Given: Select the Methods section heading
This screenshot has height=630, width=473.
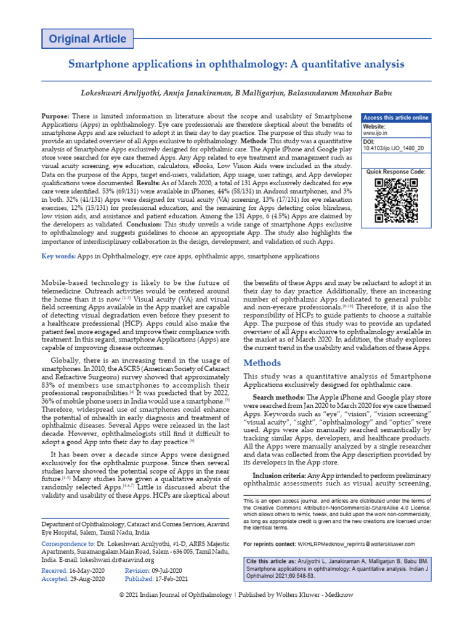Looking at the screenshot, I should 262,362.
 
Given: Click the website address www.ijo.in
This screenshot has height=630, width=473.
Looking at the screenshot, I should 374,133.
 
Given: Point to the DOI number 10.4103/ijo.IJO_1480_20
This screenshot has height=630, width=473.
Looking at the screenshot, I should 393,148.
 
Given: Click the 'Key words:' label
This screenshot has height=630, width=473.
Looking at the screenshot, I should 59,256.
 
